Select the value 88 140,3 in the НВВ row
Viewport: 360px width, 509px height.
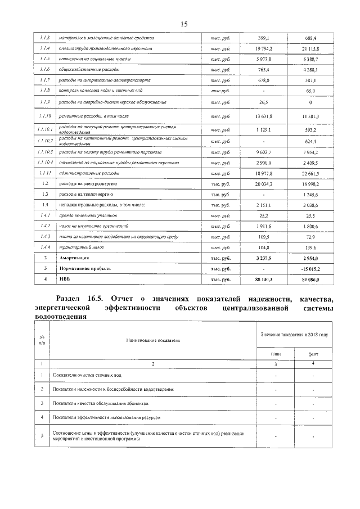click(x=263, y=279)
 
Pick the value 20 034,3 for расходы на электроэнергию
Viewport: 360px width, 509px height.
click(x=263, y=184)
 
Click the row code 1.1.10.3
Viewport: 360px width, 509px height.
click(x=46, y=152)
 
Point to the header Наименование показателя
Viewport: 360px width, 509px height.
click(x=153, y=341)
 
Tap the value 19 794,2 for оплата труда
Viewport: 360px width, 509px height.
click(x=263, y=48)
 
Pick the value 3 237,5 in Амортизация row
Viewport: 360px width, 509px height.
click(x=263, y=258)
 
